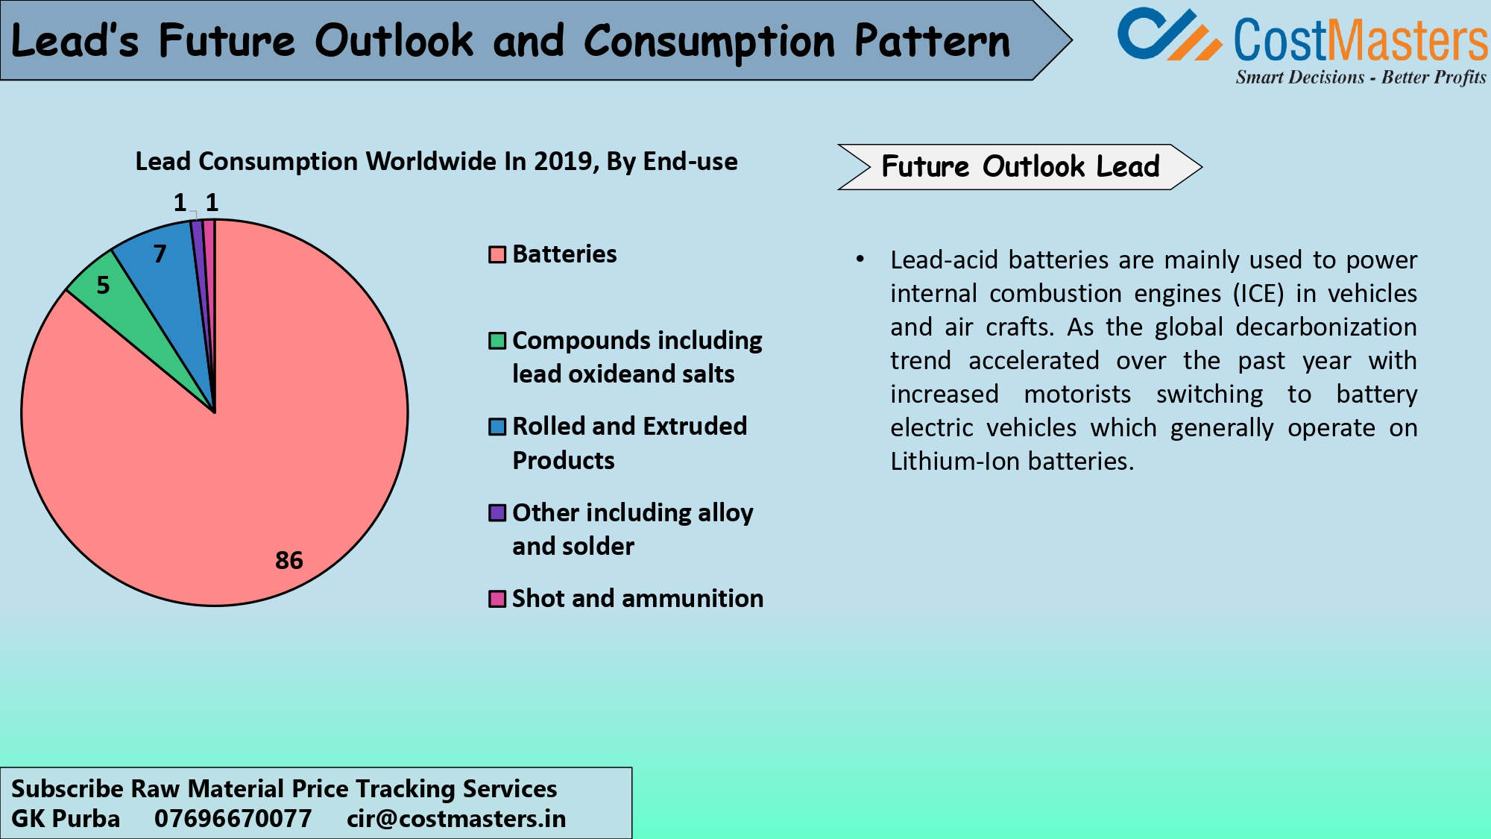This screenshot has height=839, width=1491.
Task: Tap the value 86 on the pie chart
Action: pyautogui.click(x=289, y=560)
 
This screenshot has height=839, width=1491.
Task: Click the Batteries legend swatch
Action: pyautogui.click(x=497, y=255)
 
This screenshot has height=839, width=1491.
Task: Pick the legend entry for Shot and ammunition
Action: pyautogui.click(x=637, y=599)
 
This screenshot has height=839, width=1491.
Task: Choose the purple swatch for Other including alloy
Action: pyautogui.click(x=497, y=513)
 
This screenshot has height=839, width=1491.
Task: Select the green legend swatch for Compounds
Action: pyautogui.click(x=497, y=341)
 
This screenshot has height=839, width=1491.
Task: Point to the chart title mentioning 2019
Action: pyautogui.click(x=436, y=162)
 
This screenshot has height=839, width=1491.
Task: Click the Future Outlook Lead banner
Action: pyautogui.click(x=1019, y=167)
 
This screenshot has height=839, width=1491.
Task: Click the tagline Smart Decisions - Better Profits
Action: pyautogui.click(x=1360, y=78)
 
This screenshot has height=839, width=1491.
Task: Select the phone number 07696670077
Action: pyautogui.click(x=233, y=819)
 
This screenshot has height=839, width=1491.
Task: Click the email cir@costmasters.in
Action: pyautogui.click(x=456, y=819)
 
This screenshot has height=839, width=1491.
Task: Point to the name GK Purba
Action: pyautogui.click(x=66, y=819)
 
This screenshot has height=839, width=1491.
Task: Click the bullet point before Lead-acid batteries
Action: pyautogui.click(x=860, y=260)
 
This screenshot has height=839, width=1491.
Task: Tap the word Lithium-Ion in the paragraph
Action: pyautogui.click(x=955, y=462)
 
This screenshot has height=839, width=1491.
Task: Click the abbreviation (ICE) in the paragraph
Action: pyautogui.click(x=1258, y=294)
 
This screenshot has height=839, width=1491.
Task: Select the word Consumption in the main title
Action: pyautogui.click(x=708, y=41)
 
